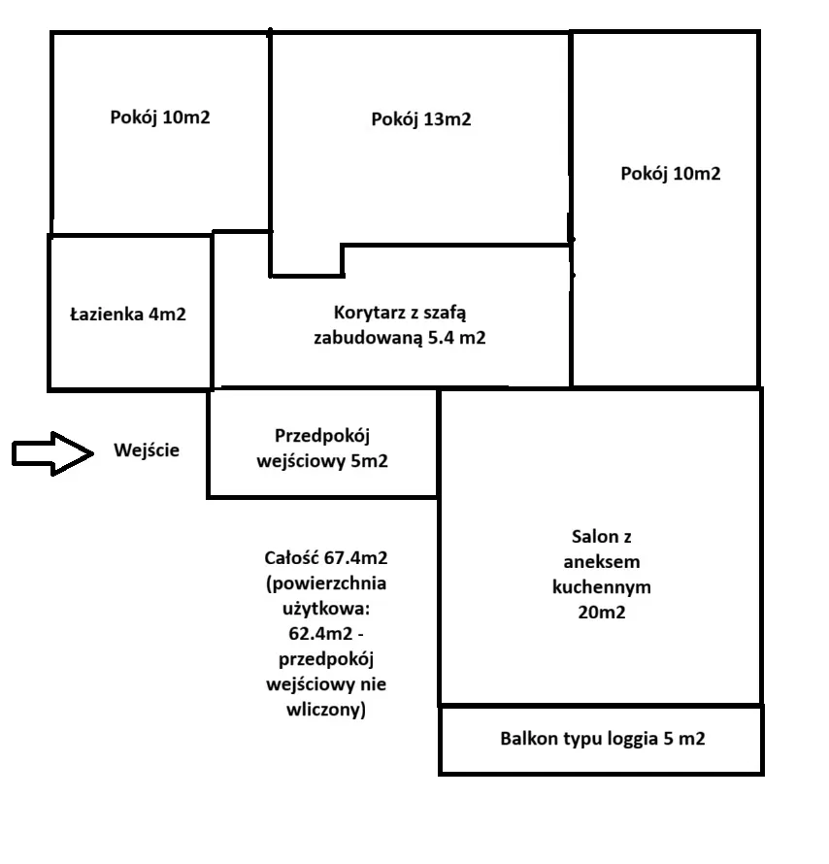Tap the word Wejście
pyautogui.click(x=147, y=450)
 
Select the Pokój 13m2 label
pyautogui.click(x=421, y=119)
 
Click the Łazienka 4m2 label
pyautogui.click(x=128, y=315)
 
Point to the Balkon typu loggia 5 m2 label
pyautogui.click(x=602, y=739)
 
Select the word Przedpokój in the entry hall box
pyautogui.click(x=324, y=435)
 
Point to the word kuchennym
pyautogui.click(x=602, y=587)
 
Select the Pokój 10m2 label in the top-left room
pyautogui.click(x=160, y=117)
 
